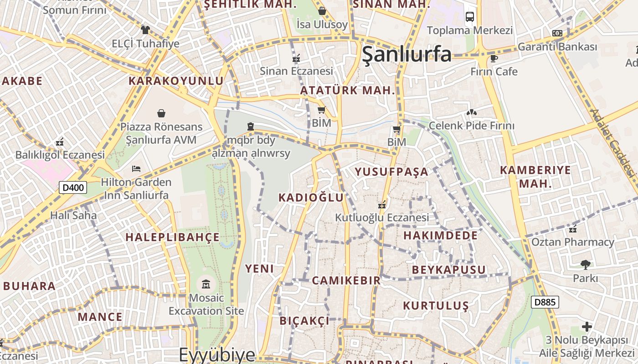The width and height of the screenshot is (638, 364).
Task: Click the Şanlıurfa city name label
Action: click(406, 54)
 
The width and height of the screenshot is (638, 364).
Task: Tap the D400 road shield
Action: click(73, 187)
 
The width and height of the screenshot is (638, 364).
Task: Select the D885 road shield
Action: click(545, 302)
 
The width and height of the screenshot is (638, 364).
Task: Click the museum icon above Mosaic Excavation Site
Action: click(206, 285)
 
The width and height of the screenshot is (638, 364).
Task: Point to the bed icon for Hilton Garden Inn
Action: click(136, 169)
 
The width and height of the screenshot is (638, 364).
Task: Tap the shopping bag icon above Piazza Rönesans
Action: click(161, 113)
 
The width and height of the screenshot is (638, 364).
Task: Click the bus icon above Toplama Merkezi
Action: click(469, 17)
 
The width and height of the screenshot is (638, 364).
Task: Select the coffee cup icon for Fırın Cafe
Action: click(494, 58)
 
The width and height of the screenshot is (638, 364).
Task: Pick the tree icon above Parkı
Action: click(585, 264)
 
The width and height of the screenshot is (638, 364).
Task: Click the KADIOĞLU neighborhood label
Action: click(311, 197)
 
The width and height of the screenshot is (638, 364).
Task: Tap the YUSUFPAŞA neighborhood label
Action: click(391, 172)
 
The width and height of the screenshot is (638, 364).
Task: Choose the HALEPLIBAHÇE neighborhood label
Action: click(173, 237)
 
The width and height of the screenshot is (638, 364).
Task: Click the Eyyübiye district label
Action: click(216, 354)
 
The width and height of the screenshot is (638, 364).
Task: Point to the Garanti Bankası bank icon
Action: click(557, 33)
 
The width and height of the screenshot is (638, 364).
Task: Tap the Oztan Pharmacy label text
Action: click(572, 242)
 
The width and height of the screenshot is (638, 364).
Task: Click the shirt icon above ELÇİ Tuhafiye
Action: click(145, 30)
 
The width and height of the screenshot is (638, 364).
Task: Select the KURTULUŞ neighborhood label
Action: click(436, 305)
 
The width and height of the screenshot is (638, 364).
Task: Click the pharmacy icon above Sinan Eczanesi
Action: click(296, 58)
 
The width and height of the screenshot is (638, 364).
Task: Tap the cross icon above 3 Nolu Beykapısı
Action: click(587, 327)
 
